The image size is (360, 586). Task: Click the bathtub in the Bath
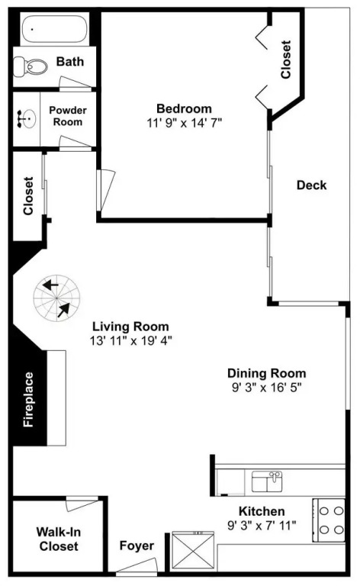point(54,29)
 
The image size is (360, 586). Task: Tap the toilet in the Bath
point(31,67)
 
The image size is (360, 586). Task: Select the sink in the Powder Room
point(26,119)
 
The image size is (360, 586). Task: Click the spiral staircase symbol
point(56,298)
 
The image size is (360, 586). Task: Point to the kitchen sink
point(267,481)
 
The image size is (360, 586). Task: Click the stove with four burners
point(329,520)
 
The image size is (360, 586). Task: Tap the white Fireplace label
point(29,399)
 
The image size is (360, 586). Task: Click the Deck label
point(311,185)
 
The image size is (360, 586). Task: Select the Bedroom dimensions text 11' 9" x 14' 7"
point(185,123)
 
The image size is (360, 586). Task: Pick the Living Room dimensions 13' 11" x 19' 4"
point(130,341)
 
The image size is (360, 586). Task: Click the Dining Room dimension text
point(267,388)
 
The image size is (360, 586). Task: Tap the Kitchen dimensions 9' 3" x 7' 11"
point(262,526)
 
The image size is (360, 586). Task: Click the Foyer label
point(137,546)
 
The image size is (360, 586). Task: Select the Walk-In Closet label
point(59,539)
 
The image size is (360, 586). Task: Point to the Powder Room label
point(68,116)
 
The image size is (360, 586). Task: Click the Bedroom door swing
point(106,190)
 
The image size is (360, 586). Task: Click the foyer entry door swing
point(137,566)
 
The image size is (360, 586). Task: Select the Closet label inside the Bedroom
point(286,60)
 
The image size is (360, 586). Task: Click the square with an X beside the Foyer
point(193,552)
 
